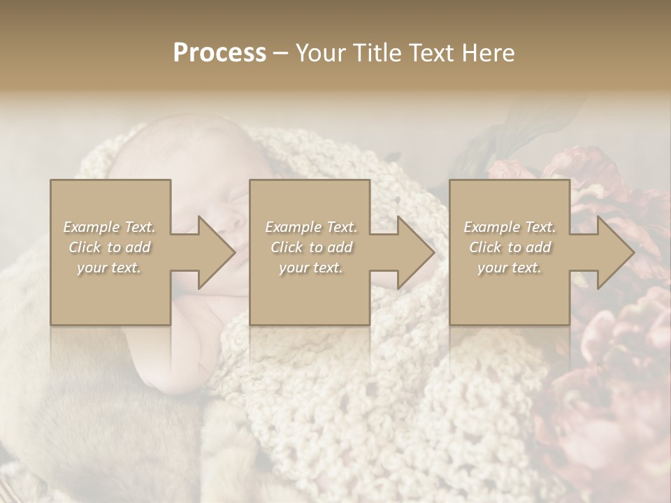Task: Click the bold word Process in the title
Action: (219, 53)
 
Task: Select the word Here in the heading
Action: (489, 53)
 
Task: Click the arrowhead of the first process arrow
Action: (217, 252)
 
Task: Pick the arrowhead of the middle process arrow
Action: (416, 252)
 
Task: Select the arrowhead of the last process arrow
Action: (616, 252)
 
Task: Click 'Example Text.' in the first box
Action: (109, 227)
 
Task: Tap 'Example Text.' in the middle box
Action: (311, 227)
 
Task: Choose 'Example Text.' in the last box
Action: (510, 227)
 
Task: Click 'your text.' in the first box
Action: (109, 268)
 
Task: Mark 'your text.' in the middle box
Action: (311, 268)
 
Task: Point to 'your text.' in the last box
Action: (510, 268)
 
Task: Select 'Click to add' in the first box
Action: (109, 247)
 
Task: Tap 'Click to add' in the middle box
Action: (311, 247)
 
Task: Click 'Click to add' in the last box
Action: (510, 247)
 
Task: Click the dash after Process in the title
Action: (280, 53)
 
